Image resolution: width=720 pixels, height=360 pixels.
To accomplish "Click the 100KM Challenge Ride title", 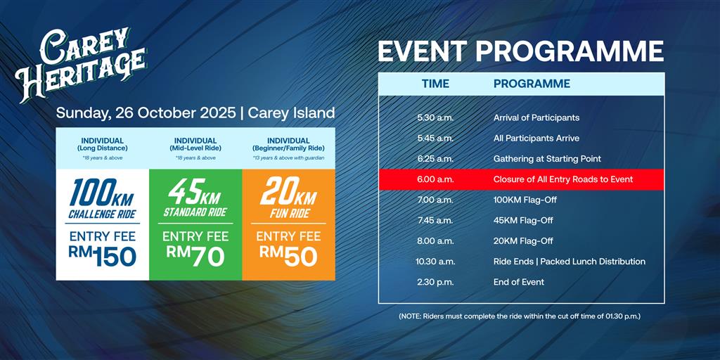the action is pos(102,199).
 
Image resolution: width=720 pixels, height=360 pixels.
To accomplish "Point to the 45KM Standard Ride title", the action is pos(195,199).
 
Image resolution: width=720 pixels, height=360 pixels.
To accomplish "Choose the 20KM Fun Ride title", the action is pos(289,199).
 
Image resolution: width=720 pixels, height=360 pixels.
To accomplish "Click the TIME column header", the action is pos(435,84).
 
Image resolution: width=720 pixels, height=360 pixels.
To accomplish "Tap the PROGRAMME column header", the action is pos(532,84).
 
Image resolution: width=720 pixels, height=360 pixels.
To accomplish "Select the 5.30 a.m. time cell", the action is pos(435,118).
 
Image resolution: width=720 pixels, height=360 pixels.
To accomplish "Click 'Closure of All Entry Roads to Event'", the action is pos(563,179).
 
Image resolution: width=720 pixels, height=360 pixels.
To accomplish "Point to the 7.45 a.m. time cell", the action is pos(435,220).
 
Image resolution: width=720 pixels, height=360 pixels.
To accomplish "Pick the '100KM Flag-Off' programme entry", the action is pos(525,200).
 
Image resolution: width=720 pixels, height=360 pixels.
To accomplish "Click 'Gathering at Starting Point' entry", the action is pos(547,159).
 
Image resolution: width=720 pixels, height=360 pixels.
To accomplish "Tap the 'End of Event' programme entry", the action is pos(518,282).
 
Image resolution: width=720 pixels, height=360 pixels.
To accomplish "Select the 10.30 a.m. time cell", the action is pos(435,262).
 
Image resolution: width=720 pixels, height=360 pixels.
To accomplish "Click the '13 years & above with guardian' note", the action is pos(288,157).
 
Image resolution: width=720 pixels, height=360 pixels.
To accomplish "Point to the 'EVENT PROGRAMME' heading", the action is pos(521,51).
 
